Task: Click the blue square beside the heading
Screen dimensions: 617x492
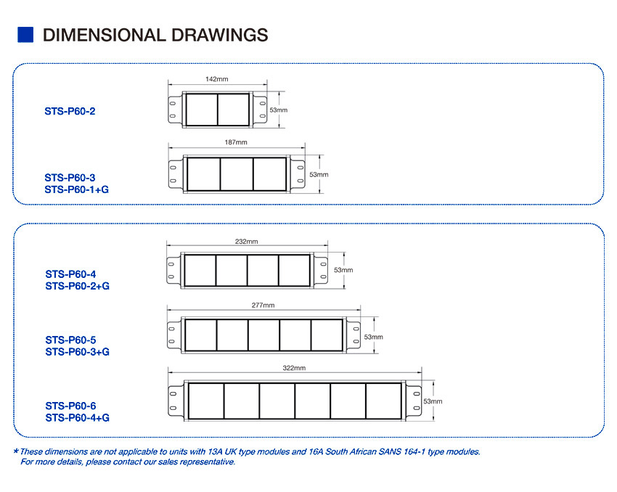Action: [x=25, y=35]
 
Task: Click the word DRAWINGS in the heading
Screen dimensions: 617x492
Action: [x=219, y=35]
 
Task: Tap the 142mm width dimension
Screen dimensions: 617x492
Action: [x=217, y=79]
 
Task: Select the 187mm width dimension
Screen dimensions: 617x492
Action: [x=236, y=142]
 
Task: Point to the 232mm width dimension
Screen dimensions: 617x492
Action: [x=246, y=241]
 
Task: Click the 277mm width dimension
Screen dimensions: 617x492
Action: [x=263, y=305]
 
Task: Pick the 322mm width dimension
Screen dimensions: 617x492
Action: [x=294, y=368]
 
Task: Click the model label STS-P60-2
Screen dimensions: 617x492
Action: [x=70, y=111]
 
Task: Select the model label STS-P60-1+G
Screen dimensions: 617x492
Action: [x=77, y=189]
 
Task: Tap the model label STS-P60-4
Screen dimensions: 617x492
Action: [x=70, y=274]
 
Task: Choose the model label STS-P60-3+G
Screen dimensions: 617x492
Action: [x=77, y=352]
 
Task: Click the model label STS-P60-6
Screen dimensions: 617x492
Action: [x=70, y=406]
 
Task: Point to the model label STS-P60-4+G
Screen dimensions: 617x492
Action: [x=77, y=417]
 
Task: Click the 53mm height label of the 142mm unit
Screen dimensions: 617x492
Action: [x=278, y=110]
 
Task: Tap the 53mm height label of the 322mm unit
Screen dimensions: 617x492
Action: [x=433, y=401]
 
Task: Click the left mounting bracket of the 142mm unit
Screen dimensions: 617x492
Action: [x=175, y=110]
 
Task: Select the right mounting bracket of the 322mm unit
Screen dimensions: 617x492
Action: [x=414, y=401]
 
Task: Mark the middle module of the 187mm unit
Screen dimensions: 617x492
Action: [x=237, y=174]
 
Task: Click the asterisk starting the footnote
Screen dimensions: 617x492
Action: [x=16, y=451]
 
